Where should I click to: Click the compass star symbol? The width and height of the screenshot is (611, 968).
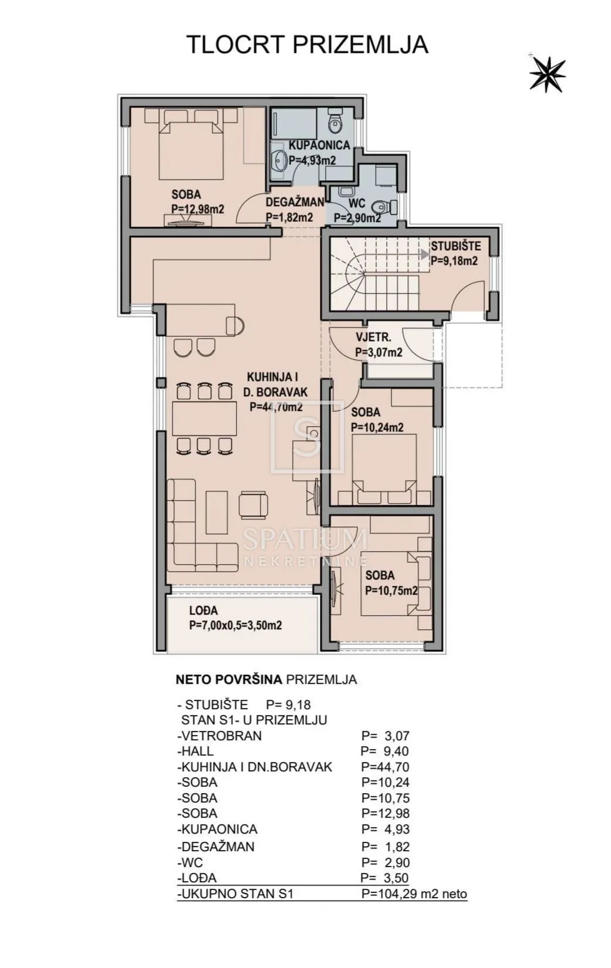pyautogui.click(x=547, y=73)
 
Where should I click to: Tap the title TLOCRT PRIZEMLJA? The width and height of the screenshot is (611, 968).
pyautogui.click(x=307, y=45)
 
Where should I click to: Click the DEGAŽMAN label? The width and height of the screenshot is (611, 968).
pyautogui.click(x=295, y=202)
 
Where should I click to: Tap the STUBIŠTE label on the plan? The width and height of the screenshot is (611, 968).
pyautogui.click(x=455, y=247)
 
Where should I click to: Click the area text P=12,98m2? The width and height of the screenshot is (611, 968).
pyautogui.click(x=198, y=209)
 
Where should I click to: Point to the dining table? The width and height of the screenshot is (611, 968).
pyautogui.click(x=205, y=419)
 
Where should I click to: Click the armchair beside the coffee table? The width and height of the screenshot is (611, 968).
pyautogui.click(x=254, y=504)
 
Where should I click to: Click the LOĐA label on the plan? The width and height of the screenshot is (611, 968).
pyautogui.click(x=203, y=611)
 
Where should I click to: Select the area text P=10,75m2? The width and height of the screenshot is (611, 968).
pyautogui.click(x=391, y=591)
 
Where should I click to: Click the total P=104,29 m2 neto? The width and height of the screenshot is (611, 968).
pyautogui.click(x=414, y=893)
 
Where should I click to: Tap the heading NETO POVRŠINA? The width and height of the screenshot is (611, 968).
pyautogui.click(x=228, y=679)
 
